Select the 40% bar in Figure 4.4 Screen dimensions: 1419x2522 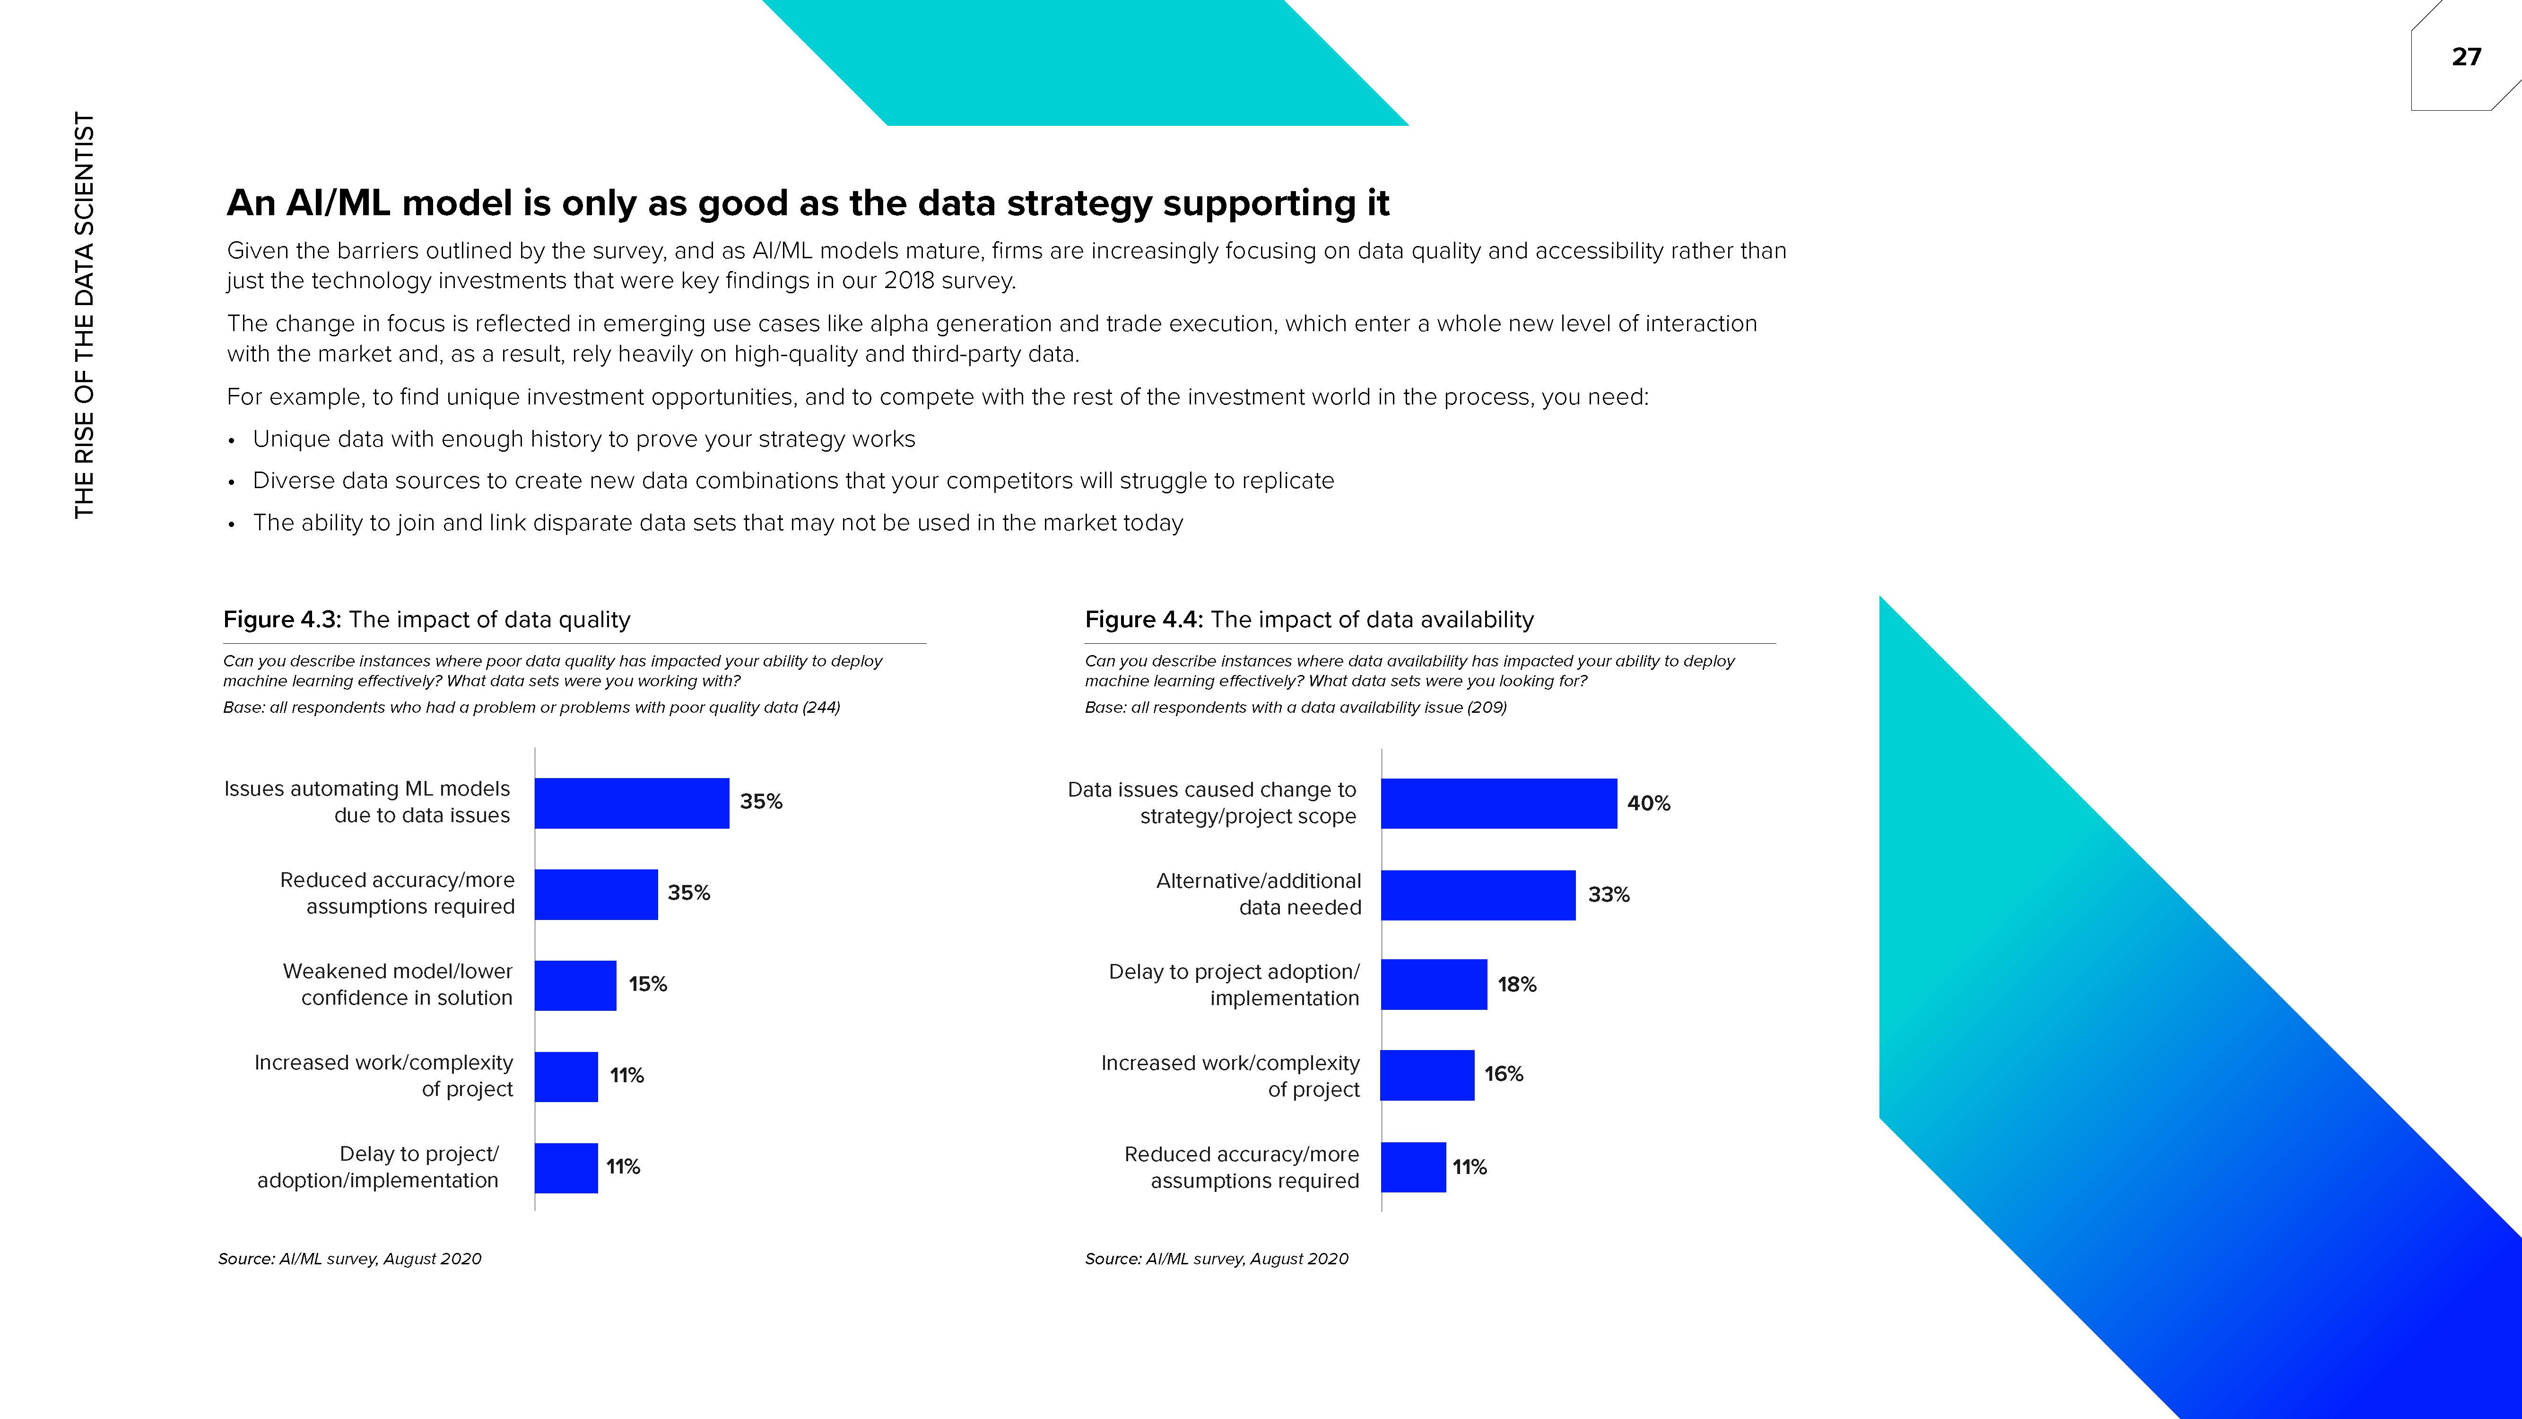coord(1498,803)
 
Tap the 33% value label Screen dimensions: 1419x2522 coord(1609,894)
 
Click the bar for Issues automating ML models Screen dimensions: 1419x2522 coord(632,803)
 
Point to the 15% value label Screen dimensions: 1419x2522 coord(647,984)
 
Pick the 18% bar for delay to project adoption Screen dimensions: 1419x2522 coord(1433,984)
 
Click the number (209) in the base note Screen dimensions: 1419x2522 coord(1486,707)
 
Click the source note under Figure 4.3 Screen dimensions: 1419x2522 coord(349,1258)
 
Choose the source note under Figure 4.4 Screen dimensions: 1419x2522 coord(1216,1258)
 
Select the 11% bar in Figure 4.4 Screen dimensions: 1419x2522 coord(1413,1167)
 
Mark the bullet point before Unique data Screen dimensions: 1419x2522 coord(231,441)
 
